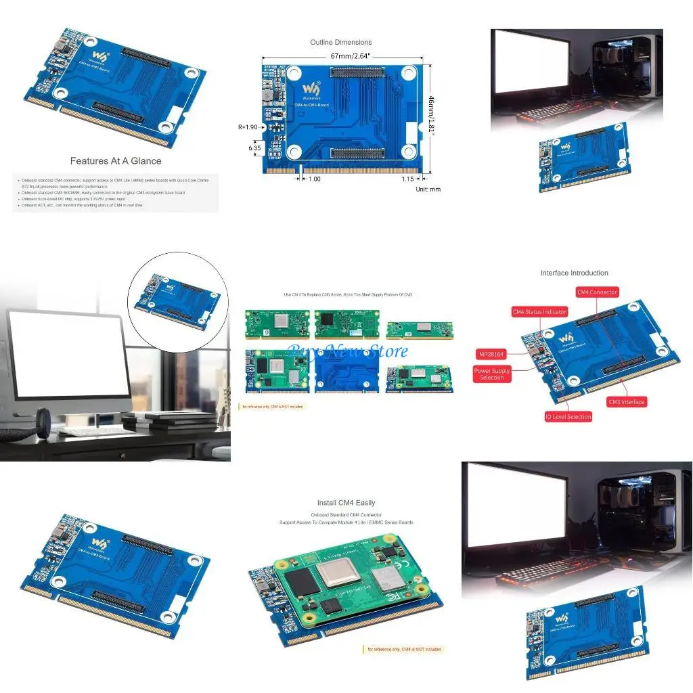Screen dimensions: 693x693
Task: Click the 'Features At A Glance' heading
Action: pyautogui.click(x=116, y=161)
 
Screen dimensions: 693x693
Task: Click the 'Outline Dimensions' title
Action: pyautogui.click(x=340, y=42)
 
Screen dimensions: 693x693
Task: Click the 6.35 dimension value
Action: pyautogui.click(x=254, y=147)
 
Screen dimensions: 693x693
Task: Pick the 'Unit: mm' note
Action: pyautogui.click(x=428, y=189)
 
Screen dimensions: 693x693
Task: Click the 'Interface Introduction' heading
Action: pyautogui.click(x=574, y=273)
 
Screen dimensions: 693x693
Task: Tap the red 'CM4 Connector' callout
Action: pyautogui.click(x=596, y=292)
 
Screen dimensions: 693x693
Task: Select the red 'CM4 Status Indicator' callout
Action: pyautogui.click(x=539, y=312)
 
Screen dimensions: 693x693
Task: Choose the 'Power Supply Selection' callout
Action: pyautogui.click(x=492, y=374)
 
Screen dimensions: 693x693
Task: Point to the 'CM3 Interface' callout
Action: pyautogui.click(x=626, y=402)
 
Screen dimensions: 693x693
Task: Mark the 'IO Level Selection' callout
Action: pyautogui.click(x=568, y=417)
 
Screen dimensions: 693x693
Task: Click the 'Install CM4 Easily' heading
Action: pyautogui.click(x=346, y=503)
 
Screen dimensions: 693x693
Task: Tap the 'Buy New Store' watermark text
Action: pyautogui.click(x=348, y=351)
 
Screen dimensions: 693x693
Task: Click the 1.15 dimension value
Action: pyautogui.click(x=407, y=179)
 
